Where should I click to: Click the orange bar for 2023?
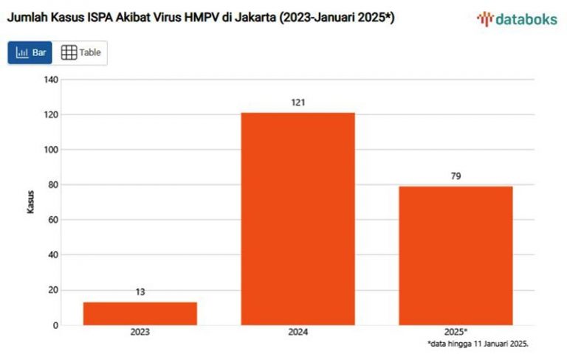[x=140, y=314]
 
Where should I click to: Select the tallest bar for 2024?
[x=298, y=218]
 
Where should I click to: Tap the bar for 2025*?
[x=456, y=255]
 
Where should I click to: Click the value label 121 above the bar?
[x=298, y=102]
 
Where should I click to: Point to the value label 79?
[x=456, y=176]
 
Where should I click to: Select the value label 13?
[x=140, y=291]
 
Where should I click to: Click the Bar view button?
[x=31, y=53]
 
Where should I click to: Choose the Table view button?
[x=80, y=53]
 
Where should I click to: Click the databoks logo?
[x=517, y=19]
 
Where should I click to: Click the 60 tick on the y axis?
[x=51, y=220]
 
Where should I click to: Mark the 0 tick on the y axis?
[x=53, y=325]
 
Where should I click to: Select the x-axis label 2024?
[x=298, y=333]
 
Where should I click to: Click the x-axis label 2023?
[x=140, y=333]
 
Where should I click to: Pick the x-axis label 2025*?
[x=456, y=333]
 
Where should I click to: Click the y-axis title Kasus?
[x=31, y=201]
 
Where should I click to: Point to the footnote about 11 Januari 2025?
[x=478, y=345]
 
